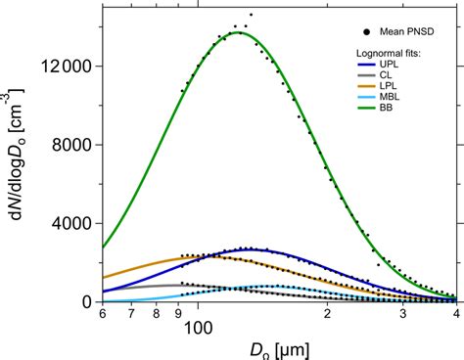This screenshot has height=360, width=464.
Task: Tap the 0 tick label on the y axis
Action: pyautogui.click(x=85, y=302)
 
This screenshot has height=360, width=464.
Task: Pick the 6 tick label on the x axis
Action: pyautogui.click(x=102, y=315)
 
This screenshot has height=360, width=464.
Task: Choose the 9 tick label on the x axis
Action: pyautogui.click(x=178, y=315)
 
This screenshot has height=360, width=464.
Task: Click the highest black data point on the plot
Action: pyautogui.click(x=251, y=15)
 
